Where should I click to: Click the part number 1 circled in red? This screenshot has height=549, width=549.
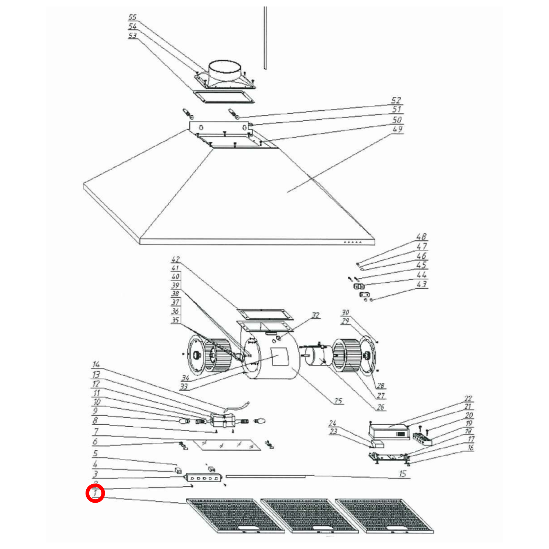pyautogui.click(x=95, y=494)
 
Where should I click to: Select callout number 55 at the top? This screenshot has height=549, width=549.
pyautogui.click(x=132, y=17)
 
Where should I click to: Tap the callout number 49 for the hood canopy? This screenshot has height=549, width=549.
pyautogui.click(x=397, y=129)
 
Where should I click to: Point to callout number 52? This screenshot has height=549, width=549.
pyautogui.click(x=396, y=100)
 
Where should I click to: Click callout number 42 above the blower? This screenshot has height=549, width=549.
pyautogui.click(x=175, y=259)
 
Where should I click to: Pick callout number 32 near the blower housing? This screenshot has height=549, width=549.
pyautogui.click(x=315, y=315)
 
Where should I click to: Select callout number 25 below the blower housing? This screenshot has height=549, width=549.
pyautogui.click(x=338, y=400)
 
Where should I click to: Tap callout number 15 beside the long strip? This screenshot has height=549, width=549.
pyautogui.click(x=402, y=474)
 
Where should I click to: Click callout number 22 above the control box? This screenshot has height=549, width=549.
pyautogui.click(x=468, y=399)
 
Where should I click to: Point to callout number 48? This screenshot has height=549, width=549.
pyautogui.click(x=421, y=237)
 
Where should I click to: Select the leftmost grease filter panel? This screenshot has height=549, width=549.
pyautogui.click(x=236, y=516)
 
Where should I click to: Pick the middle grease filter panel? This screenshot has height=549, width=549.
pyautogui.click(x=310, y=516)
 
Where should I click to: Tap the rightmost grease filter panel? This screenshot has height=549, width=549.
pyautogui.click(x=384, y=516)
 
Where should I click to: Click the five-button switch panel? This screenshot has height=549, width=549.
pyautogui.click(x=203, y=478)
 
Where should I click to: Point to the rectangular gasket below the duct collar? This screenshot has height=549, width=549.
pyautogui.click(x=223, y=97)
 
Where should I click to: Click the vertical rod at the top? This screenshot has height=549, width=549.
pyautogui.click(x=265, y=38)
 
